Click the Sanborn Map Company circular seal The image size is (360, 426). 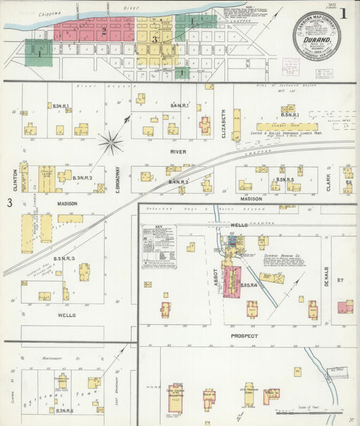coord(316,36)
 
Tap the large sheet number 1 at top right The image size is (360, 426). coord(344,14)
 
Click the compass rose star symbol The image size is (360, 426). coord(111,142)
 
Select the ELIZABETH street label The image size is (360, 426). coord(222,124)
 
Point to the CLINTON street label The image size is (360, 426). coord(15,178)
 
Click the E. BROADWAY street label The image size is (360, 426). coord(116,179)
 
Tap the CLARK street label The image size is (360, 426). coord(329,179)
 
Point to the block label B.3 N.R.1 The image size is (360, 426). coord(63,105)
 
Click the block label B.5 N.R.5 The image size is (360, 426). coord(285,180)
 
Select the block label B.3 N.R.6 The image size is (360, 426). coord(65,410)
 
